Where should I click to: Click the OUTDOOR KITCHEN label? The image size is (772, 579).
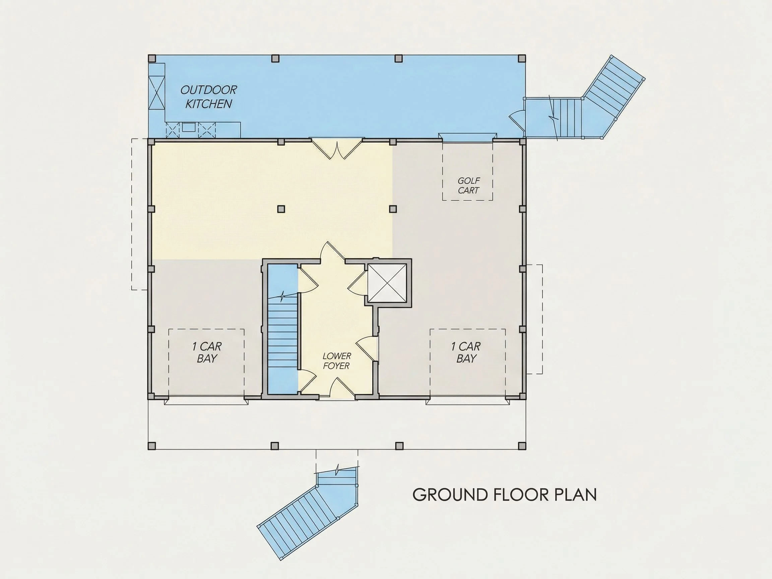[x=208, y=97]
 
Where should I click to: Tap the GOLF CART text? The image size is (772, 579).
[x=468, y=185]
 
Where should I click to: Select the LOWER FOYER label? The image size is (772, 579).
[x=336, y=361]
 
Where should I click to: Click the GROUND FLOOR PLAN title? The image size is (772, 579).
[x=504, y=495]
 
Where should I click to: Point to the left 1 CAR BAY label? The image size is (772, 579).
[x=207, y=352]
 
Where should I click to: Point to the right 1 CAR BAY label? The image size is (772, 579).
[x=466, y=352]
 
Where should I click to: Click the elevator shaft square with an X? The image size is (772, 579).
[x=387, y=283]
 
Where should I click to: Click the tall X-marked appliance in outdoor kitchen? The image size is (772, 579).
[x=156, y=93]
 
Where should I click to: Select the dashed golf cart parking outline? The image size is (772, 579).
[x=468, y=171]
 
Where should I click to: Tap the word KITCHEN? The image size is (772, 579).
[x=208, y=104]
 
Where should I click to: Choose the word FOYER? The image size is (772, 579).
[x=336, y=366]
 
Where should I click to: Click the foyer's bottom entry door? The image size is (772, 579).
[x=337, y=388]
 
